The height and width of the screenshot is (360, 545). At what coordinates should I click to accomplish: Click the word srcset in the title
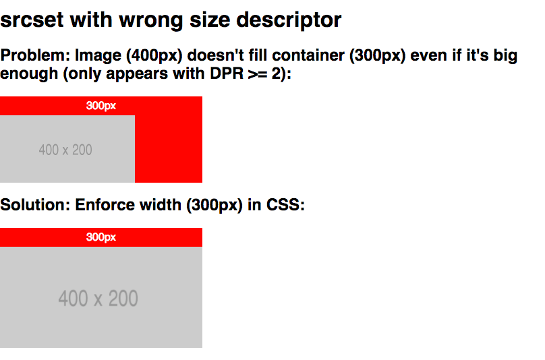[32, 20]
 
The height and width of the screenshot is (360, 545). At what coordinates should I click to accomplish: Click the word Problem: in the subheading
[35, 55]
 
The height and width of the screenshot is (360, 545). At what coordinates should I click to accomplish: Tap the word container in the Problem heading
[308, 55]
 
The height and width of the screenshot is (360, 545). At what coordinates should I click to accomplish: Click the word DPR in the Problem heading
[227, 73]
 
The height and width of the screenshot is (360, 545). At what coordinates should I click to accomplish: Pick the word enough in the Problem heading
[29, 74]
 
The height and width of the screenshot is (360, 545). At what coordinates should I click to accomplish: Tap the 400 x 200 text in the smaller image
[65, 150]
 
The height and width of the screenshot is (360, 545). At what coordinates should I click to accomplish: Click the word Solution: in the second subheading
[35, 205]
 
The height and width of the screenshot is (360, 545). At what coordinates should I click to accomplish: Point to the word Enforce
[106, 205]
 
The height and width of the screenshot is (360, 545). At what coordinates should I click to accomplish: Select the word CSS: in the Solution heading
[285, 205]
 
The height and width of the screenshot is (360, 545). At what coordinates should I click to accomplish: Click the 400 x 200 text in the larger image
[98, 299]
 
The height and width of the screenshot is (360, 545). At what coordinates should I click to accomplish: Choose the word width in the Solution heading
[161, 205]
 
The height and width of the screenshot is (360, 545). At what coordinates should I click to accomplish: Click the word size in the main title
[210, 20]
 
